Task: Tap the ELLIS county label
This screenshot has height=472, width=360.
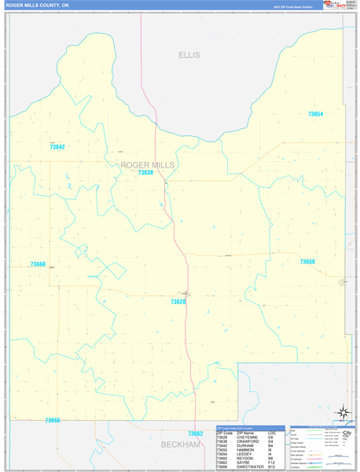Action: click(x=189, y=55)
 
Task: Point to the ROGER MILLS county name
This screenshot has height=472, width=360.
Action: click(x=148, y=164)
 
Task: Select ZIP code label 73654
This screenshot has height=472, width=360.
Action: click(x=315, y=115)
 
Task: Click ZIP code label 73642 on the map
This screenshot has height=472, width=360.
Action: click(x=57, y=147)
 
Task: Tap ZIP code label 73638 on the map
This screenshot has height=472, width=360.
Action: click(x=145, y=172)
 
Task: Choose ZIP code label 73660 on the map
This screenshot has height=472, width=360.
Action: click(x=38, y=264)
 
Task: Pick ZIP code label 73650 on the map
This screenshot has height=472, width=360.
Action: click(x=307, y=261)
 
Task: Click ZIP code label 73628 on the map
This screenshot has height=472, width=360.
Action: click(x=178, y=301)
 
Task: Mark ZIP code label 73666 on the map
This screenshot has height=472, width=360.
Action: click(x=53, y=420)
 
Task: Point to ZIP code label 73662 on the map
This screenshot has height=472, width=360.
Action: click(x=196, y=433)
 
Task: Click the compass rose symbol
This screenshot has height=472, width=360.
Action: click(x=343, y=411)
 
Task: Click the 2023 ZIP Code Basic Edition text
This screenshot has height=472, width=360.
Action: click(x=292, y=6)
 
